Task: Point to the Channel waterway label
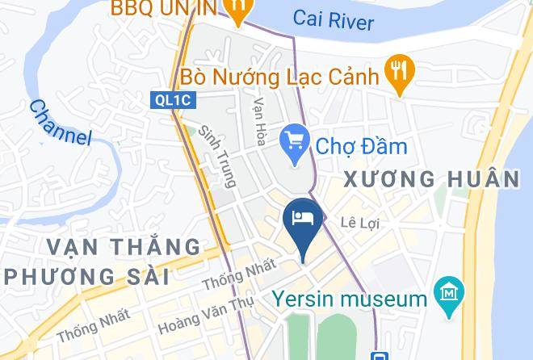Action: click(x=61, y=122)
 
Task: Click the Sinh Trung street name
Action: click(x=217, y=156)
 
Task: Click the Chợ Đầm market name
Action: click(x=361, y=146)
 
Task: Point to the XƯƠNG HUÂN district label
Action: click(x=431, y=179)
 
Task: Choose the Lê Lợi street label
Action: click(x=359, y=222)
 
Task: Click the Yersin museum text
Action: click(x=349, y=299)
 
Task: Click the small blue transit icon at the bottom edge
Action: click(x=377, y=355)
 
